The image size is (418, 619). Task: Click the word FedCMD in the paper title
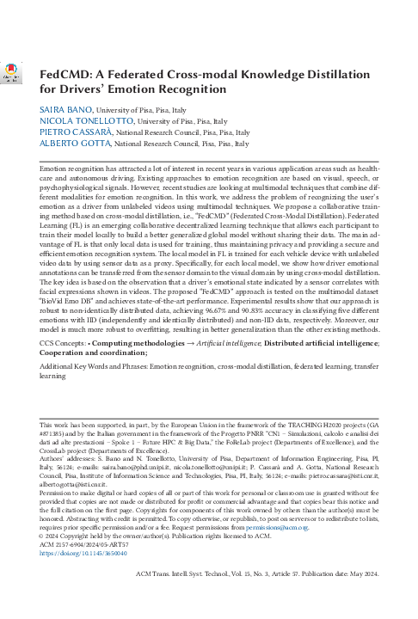coord(68,74)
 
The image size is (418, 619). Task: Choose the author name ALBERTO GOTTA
coord(71,145)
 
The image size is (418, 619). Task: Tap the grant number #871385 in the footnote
coord(55,432)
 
